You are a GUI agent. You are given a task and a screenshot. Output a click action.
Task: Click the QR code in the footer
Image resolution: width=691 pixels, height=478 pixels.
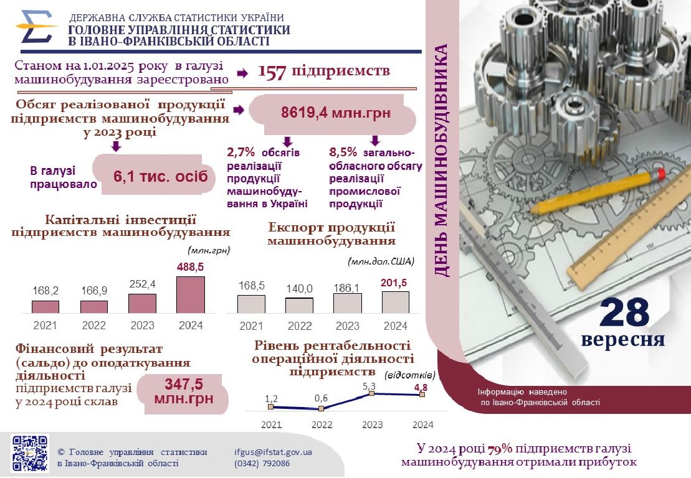click(30, 452)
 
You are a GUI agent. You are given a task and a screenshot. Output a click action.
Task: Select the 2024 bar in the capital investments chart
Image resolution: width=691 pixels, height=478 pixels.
click(191, 295)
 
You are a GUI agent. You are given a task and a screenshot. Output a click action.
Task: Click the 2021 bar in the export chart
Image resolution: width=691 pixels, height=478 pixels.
click(251, 304)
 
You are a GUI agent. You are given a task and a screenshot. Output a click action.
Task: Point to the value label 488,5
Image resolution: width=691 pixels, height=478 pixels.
click(191, 266)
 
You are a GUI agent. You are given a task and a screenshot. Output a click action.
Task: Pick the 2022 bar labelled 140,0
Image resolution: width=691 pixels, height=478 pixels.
click(299, 306)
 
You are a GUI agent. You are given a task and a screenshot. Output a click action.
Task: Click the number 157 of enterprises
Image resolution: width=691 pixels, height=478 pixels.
click(272, 72)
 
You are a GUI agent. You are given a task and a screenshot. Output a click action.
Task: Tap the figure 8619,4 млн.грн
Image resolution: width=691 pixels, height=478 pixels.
click(336, 113)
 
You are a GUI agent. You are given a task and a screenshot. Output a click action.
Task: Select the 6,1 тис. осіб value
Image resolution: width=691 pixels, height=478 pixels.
click(160, 176)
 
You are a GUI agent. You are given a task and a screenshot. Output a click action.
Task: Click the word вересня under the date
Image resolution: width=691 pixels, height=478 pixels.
click(622, 340)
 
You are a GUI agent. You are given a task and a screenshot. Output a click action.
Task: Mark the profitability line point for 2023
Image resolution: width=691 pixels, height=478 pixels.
click(372, 393)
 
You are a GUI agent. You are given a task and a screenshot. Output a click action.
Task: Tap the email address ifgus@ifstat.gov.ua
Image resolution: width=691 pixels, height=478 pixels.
click(273, 452)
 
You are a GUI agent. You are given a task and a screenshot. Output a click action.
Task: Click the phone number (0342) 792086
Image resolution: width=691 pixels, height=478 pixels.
click(262, 464)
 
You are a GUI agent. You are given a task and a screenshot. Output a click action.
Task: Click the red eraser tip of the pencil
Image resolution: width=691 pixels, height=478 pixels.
click(661, 172)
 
